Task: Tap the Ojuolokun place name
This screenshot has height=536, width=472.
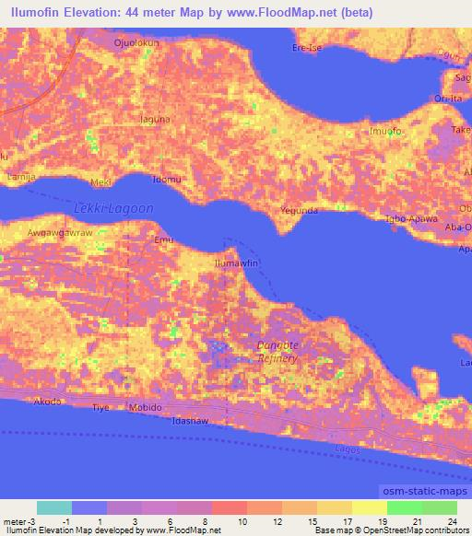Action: [x=136, y=42]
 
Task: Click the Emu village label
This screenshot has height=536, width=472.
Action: [x=163, y=240]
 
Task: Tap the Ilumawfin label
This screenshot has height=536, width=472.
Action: [x=233, y=263]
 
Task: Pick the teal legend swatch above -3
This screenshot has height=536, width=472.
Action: [x=54, y=507]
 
